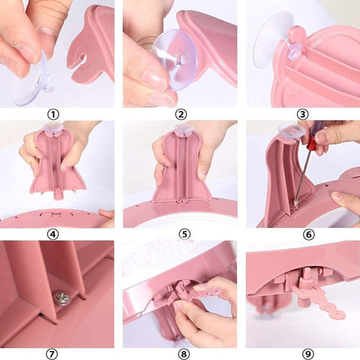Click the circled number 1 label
click(53, 115)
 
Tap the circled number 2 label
click(181, 115)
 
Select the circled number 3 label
click(302, 115)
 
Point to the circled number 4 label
click(53, 235)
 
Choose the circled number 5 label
click(184, 235)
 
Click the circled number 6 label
click(308, 235)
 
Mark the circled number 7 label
click(52, 354)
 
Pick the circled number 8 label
click(184, 354)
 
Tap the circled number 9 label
click(307, 354)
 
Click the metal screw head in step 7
click(61, 297)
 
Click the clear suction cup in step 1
click(31, 79)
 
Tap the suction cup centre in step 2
click(181, 59)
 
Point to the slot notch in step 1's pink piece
click(80, 61)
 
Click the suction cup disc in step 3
click(271, 40)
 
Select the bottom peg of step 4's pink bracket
click(58, 194)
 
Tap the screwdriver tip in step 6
click(295, 202)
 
